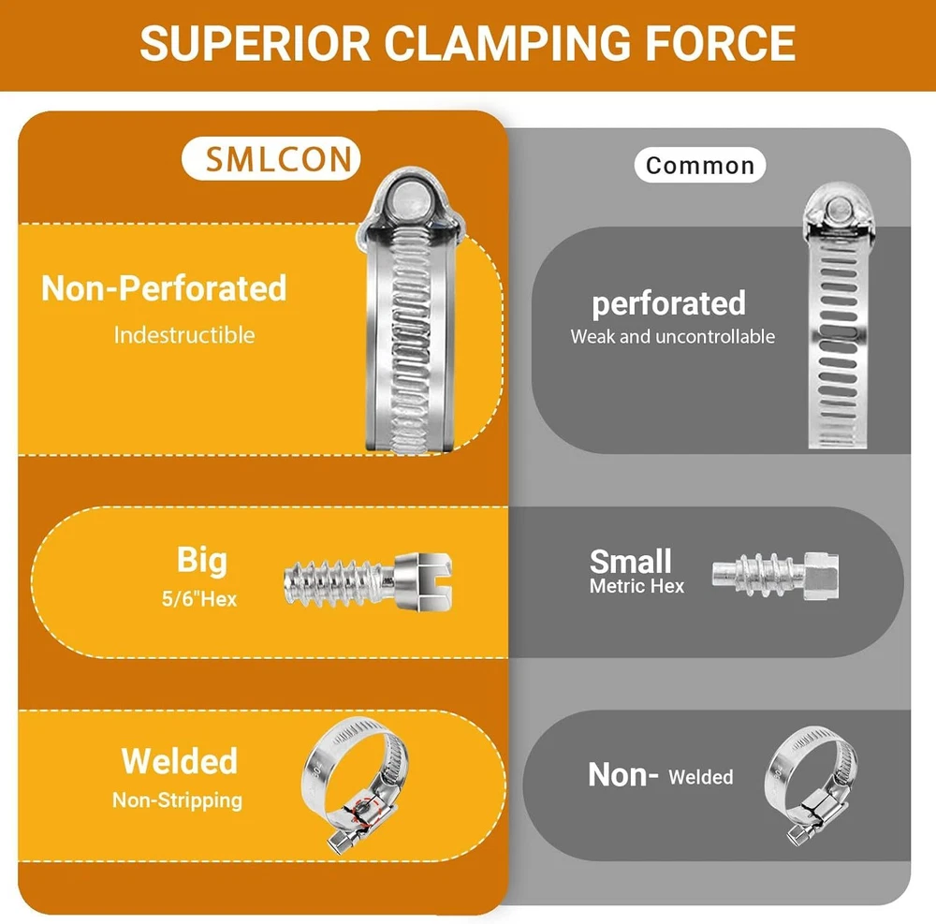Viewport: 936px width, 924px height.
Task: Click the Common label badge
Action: point(699,166)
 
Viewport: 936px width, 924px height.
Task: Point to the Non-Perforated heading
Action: point(164,288)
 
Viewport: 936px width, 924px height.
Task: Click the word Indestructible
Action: point(184,334)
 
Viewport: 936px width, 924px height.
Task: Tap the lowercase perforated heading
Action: point(668,303)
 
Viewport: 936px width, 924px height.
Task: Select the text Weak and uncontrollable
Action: point(673,336)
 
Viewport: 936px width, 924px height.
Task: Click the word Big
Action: point(202,560)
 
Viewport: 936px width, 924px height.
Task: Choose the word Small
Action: point(631,561)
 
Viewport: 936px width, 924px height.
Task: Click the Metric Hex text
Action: point(636,587)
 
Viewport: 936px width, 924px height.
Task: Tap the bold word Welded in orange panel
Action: point(179,761)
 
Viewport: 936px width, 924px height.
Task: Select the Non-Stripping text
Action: point(177,800)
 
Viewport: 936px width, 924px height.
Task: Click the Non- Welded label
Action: point(660,775)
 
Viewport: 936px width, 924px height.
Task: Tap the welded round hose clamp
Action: point(356,779)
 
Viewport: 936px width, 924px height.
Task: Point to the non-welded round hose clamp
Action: point(808,783)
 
